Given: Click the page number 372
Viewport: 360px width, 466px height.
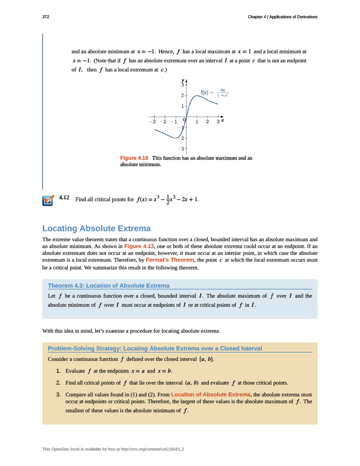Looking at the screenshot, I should [46, 17].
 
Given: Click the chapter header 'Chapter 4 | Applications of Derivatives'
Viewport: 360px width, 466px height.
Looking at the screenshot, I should [282, 17].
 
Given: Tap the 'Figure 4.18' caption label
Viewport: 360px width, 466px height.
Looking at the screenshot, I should [134, 158].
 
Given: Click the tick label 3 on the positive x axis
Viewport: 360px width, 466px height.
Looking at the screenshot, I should [218, 122].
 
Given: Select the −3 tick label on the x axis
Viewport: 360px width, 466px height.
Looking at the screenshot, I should [154, 122].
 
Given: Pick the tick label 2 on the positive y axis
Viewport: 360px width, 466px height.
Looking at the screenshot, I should [183, 96].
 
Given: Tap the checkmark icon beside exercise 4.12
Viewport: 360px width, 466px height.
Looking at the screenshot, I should [48, 201].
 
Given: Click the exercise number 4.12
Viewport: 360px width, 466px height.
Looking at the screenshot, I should [64, 198].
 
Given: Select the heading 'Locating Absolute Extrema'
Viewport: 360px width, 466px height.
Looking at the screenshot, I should [96, 228].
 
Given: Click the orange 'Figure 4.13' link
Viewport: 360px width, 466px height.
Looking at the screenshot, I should [138, 246].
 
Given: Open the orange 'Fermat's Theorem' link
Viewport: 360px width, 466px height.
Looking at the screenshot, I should [170, 260].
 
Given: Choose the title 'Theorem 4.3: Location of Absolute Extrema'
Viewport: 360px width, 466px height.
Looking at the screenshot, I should [108, 285].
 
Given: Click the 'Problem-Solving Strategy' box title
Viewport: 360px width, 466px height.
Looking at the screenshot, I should [155, 348].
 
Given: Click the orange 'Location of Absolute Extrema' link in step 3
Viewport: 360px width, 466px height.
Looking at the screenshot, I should [211, 394].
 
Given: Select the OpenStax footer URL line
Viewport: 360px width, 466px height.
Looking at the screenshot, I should [116, 449].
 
